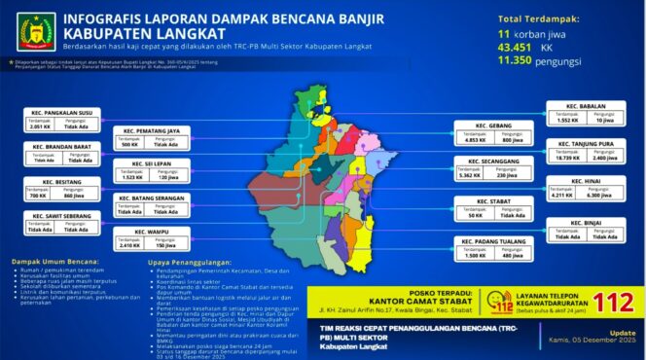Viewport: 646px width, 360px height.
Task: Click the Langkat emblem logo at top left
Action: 31,31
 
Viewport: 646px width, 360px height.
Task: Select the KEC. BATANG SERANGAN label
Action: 150,198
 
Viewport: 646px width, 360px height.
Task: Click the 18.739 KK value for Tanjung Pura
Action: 563,157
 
